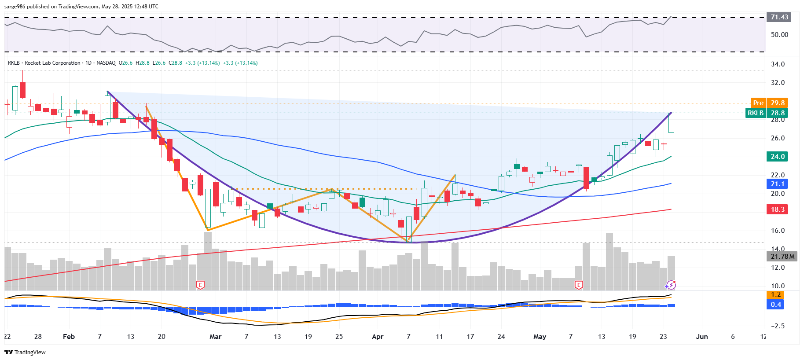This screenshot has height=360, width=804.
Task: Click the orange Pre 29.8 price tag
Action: pyautogui.click(x=768, y=103)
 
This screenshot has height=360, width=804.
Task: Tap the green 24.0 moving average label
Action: pyautogui.click(x=777, y=157)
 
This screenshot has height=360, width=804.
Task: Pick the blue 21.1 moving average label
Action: pyautogui.click(x=777, y=184)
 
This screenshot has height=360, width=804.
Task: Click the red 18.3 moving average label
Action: pyautogui.click(x=777, y=209)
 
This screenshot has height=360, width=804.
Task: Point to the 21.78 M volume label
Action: pyautogui.click(x=782, y=256)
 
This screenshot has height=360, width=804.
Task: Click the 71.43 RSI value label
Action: pyautogui.click(x=779, y=17)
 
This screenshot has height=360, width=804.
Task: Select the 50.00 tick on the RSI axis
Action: pyautogui.click(x=779, y=35)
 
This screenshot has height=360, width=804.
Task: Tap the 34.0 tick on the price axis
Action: pyautogui.click(x=778, y=64)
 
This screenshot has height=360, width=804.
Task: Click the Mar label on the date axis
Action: pyautogui.click(x=215, y=337)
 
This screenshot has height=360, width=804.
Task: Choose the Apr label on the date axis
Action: pyautogui.click(x=378, y=337)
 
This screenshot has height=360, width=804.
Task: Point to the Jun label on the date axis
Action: pyautogui.click(x=701, y=337)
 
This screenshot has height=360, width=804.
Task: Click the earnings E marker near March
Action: pyautogui.click(x=200, y=285)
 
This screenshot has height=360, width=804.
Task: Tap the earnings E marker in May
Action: pyautogui.click(x=579, y=285)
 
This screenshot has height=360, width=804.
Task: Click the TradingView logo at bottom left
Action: pyautogui.click(x=25, y=352)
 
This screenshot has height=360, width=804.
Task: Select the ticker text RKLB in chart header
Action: pyautogui.click(x=14, y=63)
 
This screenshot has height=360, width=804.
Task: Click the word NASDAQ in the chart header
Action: pyautogui.click(x=106, y=63)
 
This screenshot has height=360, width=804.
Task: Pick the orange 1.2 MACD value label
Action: pyautogui.click(x=775, y=294)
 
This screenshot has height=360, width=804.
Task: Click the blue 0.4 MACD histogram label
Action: pyautogui.click(x=775, y=305)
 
